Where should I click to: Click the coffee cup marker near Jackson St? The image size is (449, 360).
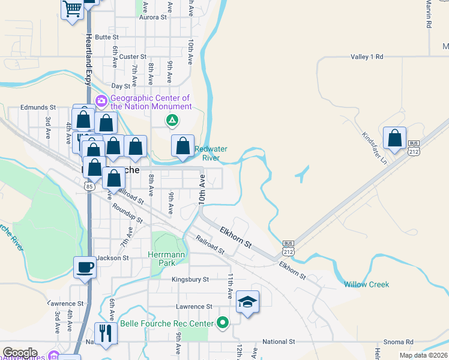(x=85, y=267)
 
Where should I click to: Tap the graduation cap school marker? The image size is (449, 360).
(x=247, y=302)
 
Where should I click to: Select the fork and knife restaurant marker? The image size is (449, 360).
(x=106, y=334)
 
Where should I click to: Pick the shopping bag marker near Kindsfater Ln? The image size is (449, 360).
(x=395, y=138)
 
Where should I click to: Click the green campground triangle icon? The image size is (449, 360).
(x=172, y=121)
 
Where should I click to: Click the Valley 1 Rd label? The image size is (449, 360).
(x=367, y=56)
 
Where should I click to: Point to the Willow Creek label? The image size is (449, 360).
(x=366, y=284)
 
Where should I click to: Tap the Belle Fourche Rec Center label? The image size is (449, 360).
(x=167, y=324)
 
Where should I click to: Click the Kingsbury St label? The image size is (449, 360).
(x=190, y=280)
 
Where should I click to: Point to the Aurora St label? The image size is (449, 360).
(x=152, y=18)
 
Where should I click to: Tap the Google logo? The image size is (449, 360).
(x=20, y=353)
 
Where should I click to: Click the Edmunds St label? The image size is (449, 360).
(x=38, y=107)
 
